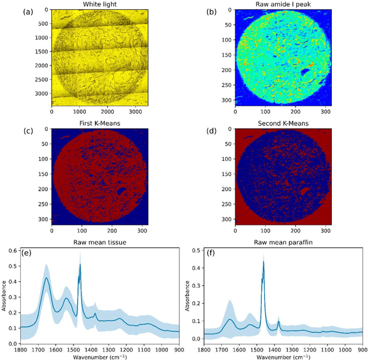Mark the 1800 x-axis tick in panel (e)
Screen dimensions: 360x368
(x=21, y=349)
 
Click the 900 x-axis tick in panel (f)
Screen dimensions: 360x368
(x=362, y=349)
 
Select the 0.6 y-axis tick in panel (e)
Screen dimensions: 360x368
(x=13, y=251)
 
